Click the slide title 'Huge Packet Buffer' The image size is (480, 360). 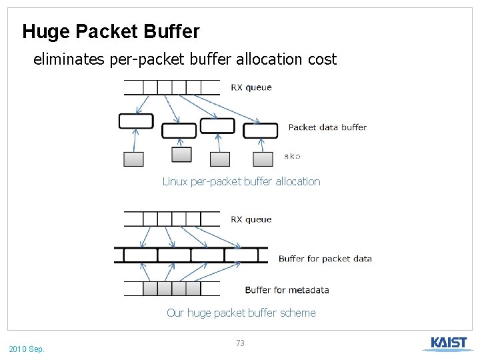tap(111, 31)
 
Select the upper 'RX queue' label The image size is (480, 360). tap(251, 87)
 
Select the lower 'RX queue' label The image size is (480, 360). tap(251, 219)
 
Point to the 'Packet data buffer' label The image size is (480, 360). tap(327, 127)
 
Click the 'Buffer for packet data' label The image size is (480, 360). tap(325, 259)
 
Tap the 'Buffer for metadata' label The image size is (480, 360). tap(287, 290)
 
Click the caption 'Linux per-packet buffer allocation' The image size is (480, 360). tap(241, 181)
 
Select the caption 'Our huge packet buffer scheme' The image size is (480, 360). tap(241, 313)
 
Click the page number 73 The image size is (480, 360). tap(241, 343)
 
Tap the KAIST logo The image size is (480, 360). tap(448, 343)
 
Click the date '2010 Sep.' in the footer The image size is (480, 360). tap(27, 349)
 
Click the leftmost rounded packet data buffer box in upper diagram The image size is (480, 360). tap(136, 121)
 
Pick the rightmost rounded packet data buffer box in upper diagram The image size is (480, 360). tap(260, 131)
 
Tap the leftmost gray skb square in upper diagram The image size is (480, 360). tap(133, 159)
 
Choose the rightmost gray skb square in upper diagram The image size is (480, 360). tap(263, 159)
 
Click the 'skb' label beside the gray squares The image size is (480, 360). tap(292, 156)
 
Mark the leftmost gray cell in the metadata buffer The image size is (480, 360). tap(150, 289)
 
